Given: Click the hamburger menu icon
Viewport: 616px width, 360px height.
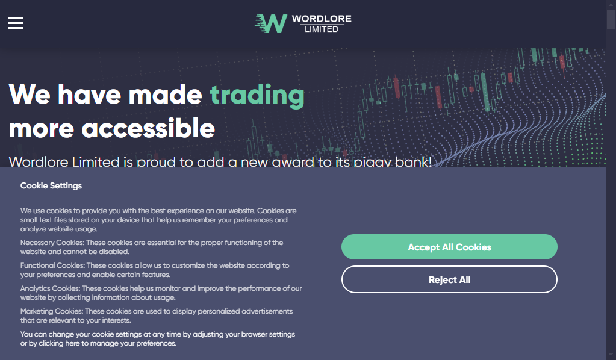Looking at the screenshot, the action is click(x=16, y=23).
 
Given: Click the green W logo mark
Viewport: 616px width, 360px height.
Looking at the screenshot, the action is click(x=271, y=23).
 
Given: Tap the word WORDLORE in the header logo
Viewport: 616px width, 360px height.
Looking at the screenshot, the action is click(x=322, y=19).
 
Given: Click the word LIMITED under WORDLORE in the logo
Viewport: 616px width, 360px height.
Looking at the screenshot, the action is click(x=322, y=29).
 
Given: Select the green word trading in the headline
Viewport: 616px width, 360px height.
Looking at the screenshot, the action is click(x=257, y=95).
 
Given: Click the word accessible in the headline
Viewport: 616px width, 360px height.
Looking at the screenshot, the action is click(x=148, y=128).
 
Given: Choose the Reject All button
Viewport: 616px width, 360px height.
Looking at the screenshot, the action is click(x=449, y=279).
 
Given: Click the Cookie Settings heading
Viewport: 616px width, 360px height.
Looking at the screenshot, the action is click(x=51, y=185).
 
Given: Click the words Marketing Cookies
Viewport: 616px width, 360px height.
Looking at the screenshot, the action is click(x=51, y=311).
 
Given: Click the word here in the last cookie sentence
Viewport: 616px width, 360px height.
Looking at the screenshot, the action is click(x=72, y=343).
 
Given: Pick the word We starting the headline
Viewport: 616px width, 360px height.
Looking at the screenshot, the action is click(x=30, y=95).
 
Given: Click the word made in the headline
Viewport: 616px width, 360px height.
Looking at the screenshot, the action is click(x=165, y=95).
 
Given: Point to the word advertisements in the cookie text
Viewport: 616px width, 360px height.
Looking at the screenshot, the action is click(x=267, y=311).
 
